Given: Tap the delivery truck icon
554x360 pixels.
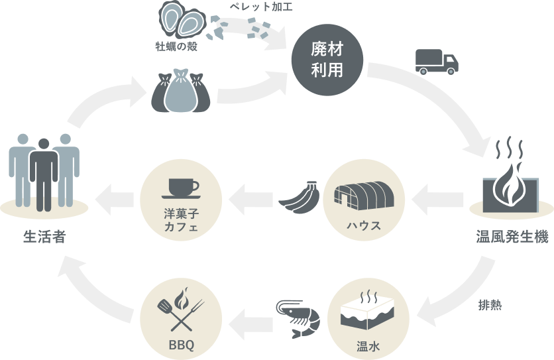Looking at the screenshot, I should tap(436, 62).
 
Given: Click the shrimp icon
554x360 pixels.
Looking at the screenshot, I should tap(298, 317).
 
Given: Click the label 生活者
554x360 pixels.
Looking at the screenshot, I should tap(44, 237).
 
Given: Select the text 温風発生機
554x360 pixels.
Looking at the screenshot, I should tap(512, 237).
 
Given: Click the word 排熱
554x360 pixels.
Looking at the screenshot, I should tap(489, 306).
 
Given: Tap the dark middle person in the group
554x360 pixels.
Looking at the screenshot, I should tap(45, 173).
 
